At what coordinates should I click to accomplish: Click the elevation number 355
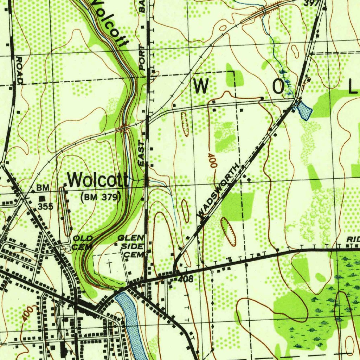coord(46,206)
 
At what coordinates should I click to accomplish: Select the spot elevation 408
coord(186,280)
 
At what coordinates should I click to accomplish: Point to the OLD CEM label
coord(83,243)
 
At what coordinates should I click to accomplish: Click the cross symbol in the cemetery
coord(110,266)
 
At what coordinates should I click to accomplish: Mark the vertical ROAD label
coord(19,70)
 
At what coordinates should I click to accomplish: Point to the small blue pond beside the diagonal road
coord(304,111)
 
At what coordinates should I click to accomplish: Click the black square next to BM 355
coord(42,199)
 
